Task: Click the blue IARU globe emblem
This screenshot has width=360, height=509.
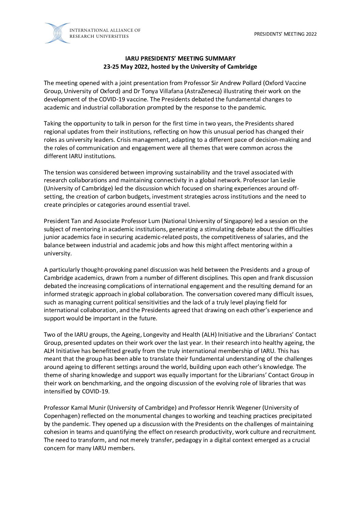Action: coord(57,33)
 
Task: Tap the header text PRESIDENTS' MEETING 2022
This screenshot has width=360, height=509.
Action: coord(285,34)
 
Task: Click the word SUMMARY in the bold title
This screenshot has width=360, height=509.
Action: coord(219,58)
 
